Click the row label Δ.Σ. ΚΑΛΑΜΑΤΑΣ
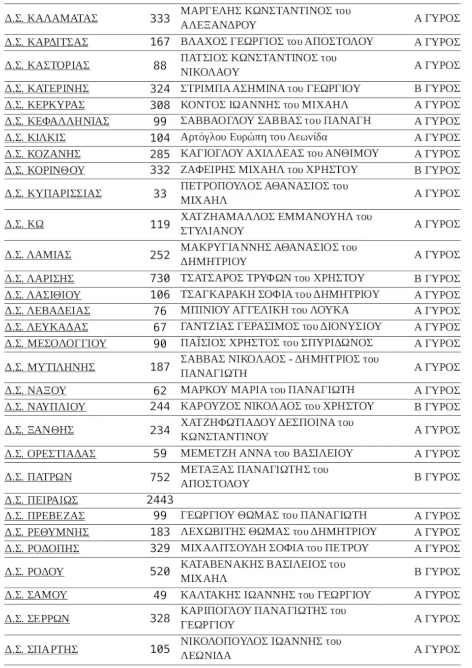[51, 18]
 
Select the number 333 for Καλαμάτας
[160, 18]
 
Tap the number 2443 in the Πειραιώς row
[160, 500]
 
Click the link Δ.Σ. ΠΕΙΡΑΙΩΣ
[41, 500]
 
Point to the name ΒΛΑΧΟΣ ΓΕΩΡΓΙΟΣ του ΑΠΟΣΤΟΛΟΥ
[277, 41]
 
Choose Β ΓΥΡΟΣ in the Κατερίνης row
[437, 88]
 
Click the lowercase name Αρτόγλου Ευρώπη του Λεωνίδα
[254, 137]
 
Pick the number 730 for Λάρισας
[160, 278]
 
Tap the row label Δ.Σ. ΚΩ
[24, 224]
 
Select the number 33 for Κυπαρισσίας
[160, 193]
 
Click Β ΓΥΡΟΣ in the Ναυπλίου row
[437, 407]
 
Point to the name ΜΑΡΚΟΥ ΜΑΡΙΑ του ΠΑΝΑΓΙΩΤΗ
[267, 390]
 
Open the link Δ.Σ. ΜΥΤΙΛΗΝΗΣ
[50, 367]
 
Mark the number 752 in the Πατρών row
[160, 477]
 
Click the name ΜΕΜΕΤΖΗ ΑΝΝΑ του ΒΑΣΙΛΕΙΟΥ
[266, 453]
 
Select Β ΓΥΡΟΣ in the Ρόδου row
[437, 572]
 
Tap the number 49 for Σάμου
[160, 595]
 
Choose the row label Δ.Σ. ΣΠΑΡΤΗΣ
[41, 649]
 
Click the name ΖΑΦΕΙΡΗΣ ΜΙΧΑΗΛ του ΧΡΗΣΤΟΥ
[269, 170]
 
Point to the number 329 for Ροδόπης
[160, 548]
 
